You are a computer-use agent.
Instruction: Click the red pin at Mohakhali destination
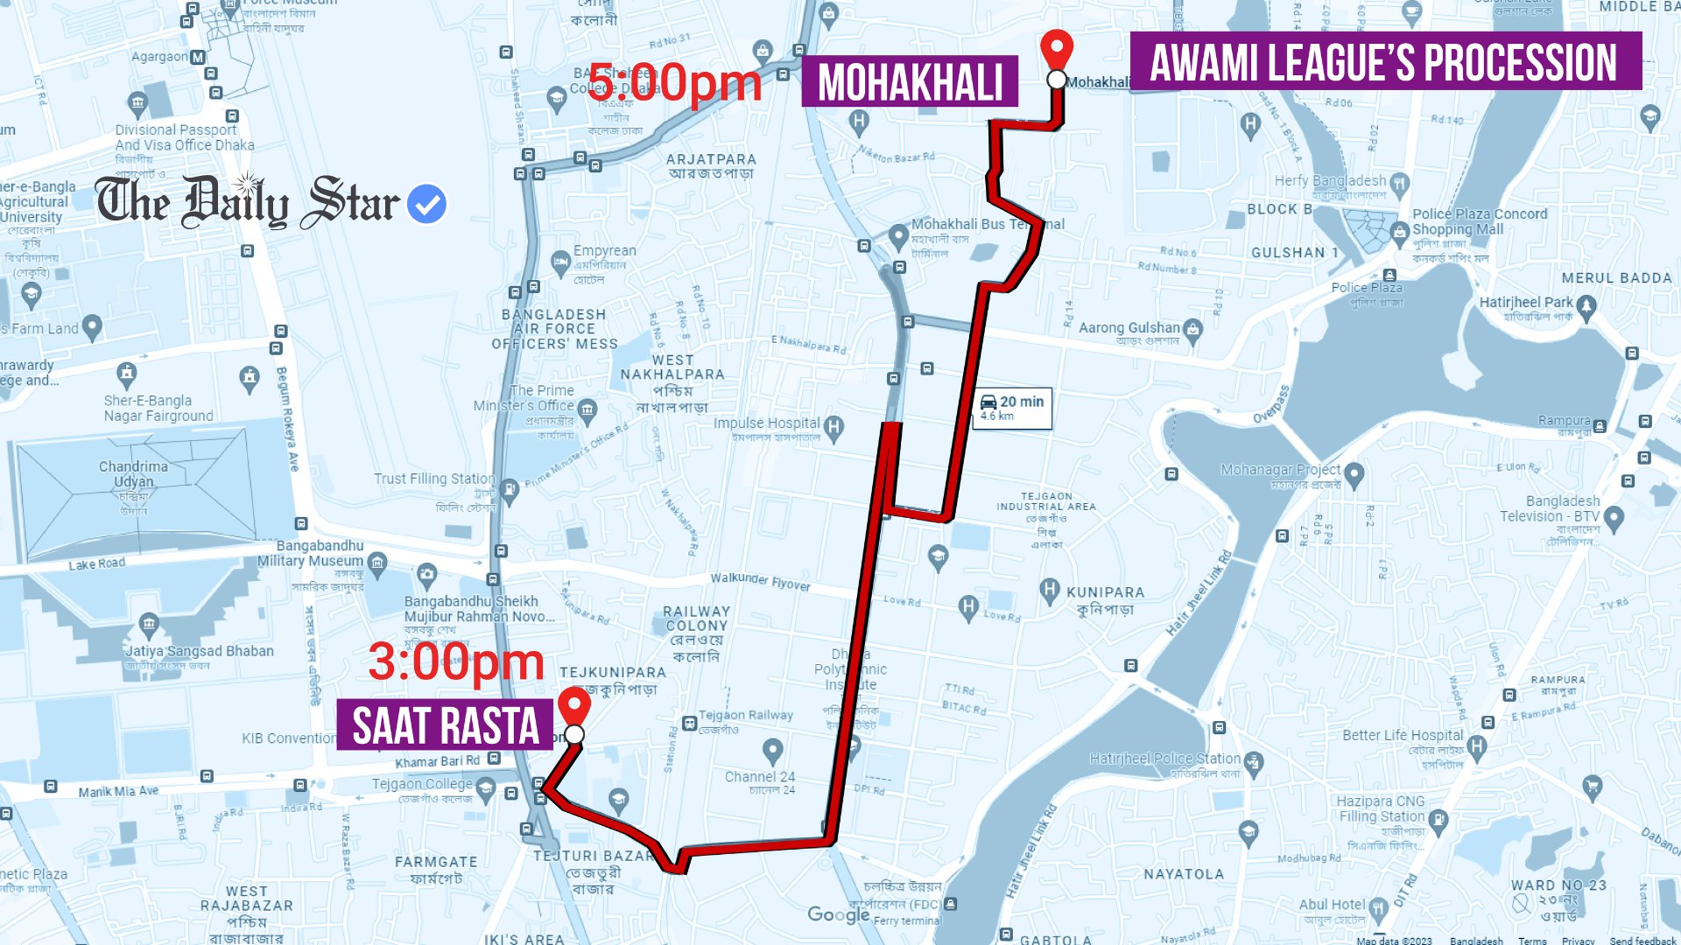tap(1057, 48)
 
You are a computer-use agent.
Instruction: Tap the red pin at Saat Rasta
tap(574, 705)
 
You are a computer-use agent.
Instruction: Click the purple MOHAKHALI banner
tap(910, 82)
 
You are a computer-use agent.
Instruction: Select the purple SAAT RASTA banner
tap(445, 725)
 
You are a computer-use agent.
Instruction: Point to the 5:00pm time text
tap(674, 83)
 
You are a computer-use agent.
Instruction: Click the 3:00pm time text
tap(456, 661)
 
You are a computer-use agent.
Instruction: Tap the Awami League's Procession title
tap(1384, 61)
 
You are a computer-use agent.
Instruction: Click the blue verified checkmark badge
tap(427, 204)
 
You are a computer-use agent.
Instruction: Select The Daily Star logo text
tap(248, 202)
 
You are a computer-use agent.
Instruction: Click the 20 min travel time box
tap(1012, 407)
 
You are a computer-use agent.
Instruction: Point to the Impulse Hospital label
tap(767, 423)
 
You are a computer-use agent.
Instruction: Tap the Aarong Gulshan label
tap(1129, 328)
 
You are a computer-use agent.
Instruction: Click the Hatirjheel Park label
tap(1526, 303)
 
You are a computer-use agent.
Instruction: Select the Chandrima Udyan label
tap(133, 473)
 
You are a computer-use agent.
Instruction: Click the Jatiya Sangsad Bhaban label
tap(200, 651)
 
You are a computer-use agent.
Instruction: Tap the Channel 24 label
tap(760, 777)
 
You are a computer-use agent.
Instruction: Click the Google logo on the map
tap(838, 914)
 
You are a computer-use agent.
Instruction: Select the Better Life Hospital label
tap(1403, 736)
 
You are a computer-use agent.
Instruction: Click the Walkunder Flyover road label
tap(760, 581)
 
